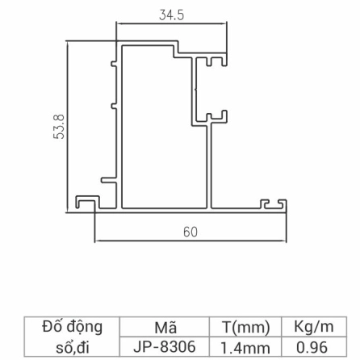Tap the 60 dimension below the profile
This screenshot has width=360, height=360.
point(190,232)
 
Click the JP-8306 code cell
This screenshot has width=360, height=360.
point(165,345)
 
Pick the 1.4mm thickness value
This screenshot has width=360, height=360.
point(244,345)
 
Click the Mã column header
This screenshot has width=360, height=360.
point(165,328)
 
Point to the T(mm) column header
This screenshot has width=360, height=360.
point(244,328)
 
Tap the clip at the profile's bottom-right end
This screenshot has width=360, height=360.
point(276,204)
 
